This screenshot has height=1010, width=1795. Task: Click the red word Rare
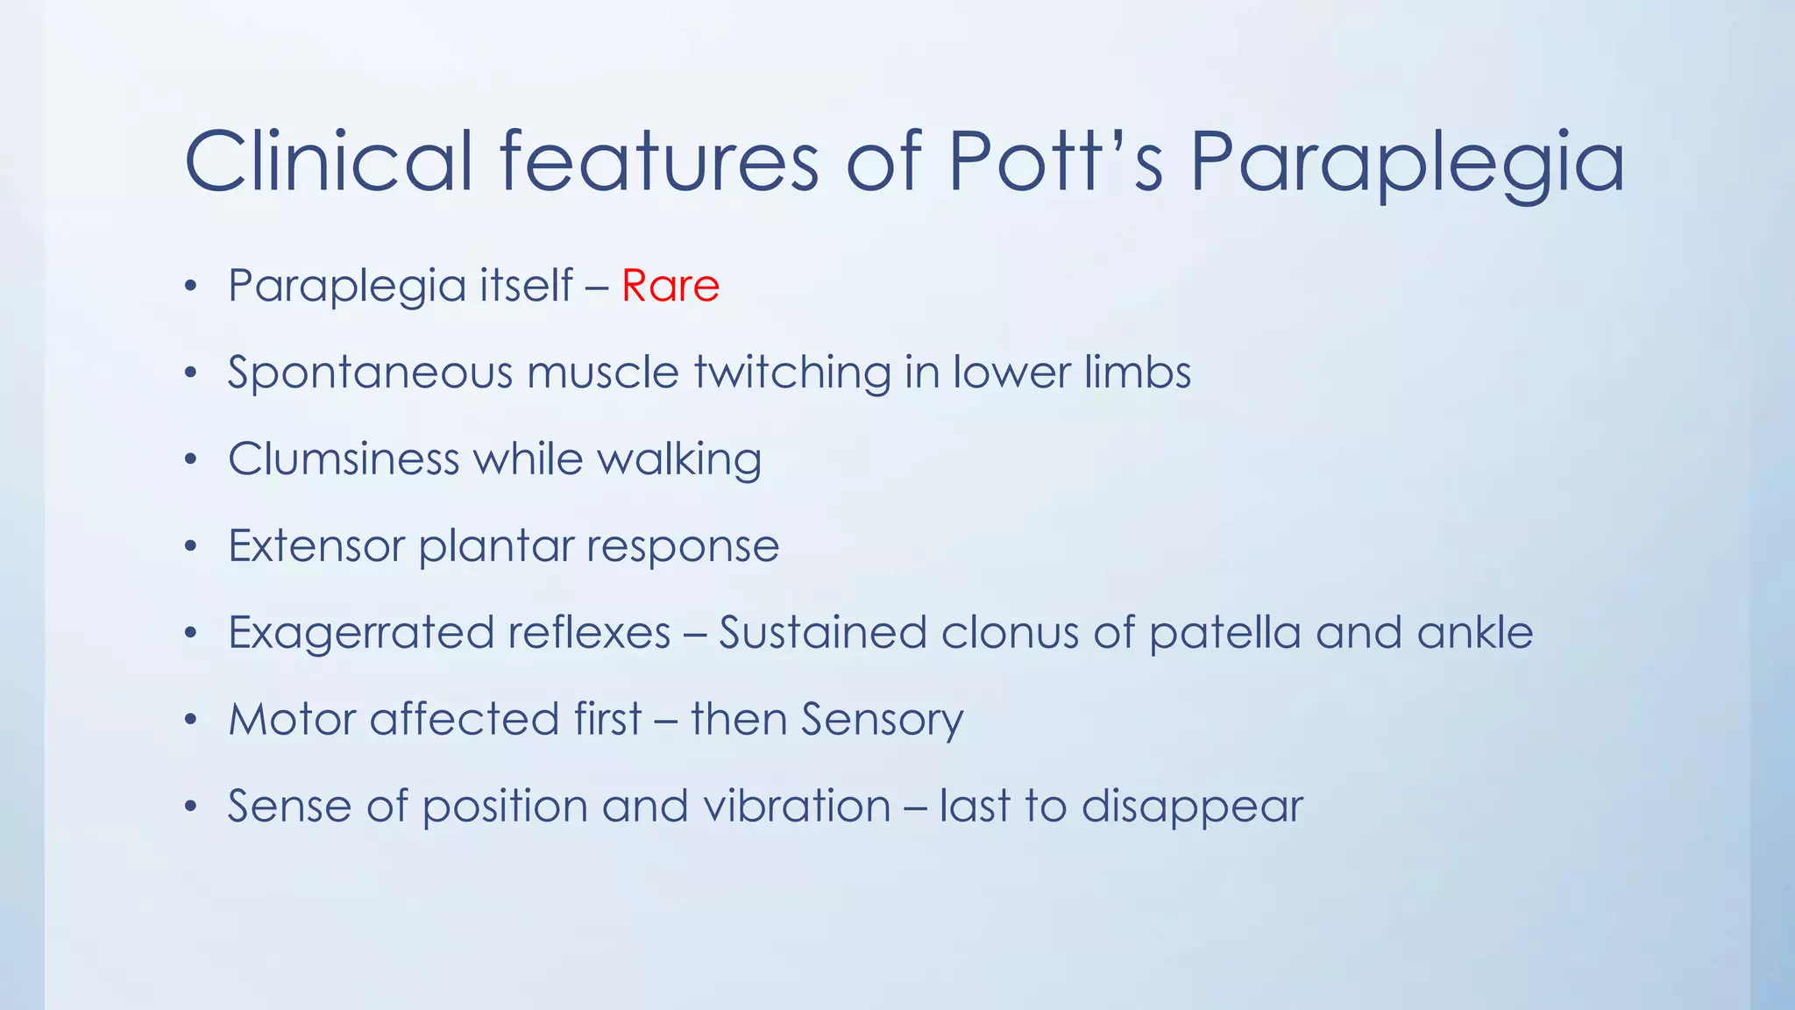(x=670, y=286)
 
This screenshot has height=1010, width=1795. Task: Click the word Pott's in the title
(x=1056, y=161)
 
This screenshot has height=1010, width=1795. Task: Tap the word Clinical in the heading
(x=329, y=161)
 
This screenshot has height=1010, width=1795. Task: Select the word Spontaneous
(x=370, y=373)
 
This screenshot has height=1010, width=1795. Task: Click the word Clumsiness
(x=344, y=459)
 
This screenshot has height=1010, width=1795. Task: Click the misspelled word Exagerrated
(x=360, y=633)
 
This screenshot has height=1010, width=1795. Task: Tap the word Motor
(x=292, y=719)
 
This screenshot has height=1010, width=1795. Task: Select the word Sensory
(x=882, y=720)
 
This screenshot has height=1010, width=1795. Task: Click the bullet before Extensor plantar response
(x=191, y=546)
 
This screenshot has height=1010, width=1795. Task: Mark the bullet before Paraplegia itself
(x=191, y=286)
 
